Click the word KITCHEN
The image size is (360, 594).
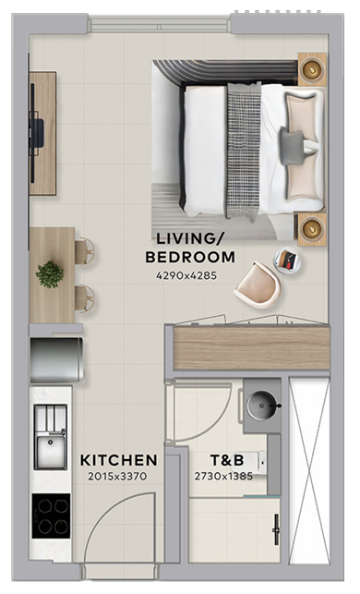[119, 460]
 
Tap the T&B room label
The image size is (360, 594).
[227, 460]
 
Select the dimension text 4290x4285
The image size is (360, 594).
[186, 275]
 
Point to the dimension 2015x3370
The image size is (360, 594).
[117, 476]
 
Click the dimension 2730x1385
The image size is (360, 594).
[223, 476]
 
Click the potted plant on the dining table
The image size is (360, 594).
[50, 274]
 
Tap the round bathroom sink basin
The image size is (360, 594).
[262, 406]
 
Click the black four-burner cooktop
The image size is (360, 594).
[51, 516]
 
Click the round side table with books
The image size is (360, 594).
[287, 260]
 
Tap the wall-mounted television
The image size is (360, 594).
[36, 133]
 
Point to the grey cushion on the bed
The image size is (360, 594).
[292, 148]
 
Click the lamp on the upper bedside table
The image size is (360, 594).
[312, 69]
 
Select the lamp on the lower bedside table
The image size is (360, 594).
[312, 229]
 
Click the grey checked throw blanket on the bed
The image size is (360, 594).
[244, 151]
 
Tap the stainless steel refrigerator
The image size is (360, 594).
[57, 359]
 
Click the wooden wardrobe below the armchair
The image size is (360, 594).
[251, 348]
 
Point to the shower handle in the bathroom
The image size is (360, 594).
[276, 529]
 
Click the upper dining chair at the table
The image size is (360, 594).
[85, 250]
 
